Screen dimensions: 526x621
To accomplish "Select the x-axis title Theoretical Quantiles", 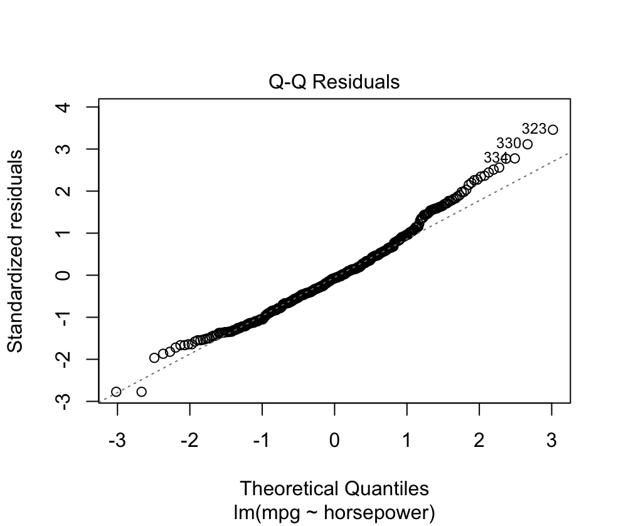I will [x=334, y=488].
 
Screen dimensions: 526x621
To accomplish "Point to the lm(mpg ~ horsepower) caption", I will [x=334, y=512].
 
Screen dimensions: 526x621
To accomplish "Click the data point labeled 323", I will [x=553, y=130].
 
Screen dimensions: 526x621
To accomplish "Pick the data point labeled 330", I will [x=527, y=144].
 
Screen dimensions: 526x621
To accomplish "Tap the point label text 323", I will [x=533, y=129].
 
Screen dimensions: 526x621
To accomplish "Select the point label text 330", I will [x=508, y=143].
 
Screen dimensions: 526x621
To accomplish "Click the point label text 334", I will [x=496, y=157].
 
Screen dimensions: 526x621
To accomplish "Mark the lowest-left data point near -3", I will [x=116, y=392].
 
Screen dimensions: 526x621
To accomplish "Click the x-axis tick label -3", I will [x=117, y=441].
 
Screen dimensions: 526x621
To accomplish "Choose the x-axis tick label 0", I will [x=334, y=441].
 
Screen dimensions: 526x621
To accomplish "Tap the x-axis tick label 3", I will [x=551, y=441].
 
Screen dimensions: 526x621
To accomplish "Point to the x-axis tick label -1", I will [x=262, y=441].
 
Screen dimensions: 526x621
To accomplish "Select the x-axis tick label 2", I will [x=479, y=441].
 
